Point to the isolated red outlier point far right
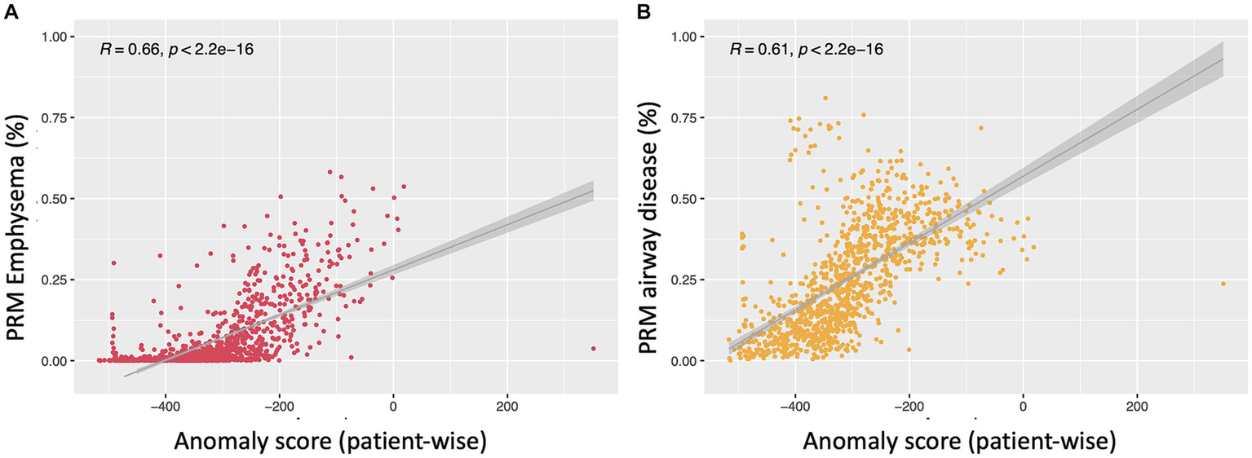click(593, 349)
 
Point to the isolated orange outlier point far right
click(1223, 284)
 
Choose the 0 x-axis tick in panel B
click(1023, 406)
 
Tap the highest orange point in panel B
click(825, 98)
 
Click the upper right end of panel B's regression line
click(1222, 59)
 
